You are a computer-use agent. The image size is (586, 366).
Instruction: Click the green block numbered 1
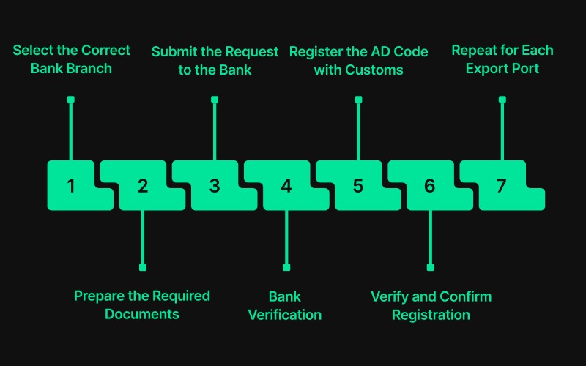(71, 185)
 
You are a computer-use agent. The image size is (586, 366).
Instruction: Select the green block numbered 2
(143, 185)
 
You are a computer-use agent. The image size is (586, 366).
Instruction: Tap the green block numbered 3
(215, 185)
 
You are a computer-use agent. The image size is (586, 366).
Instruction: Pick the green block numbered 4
(286, 185)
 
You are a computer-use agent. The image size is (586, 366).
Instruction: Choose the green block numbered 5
(358, 185)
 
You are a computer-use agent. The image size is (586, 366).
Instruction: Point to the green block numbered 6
(430, 185)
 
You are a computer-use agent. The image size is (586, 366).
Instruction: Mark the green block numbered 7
(502, 185)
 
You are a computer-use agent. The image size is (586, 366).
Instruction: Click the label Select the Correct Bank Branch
(71, 60)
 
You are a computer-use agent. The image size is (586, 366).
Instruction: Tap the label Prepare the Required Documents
(142, 305)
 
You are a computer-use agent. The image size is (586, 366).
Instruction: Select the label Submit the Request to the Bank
(215, 61)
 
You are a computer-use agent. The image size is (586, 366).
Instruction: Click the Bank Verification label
(285, 306)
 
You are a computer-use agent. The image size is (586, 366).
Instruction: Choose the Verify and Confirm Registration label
(431, 306)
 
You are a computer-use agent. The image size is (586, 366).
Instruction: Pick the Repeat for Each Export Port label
(502, 60)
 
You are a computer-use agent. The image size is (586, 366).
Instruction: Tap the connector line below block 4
(286, 238)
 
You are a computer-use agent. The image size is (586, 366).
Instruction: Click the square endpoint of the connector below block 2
(143, 267)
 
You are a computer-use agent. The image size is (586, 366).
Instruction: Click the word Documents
(142, 315)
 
